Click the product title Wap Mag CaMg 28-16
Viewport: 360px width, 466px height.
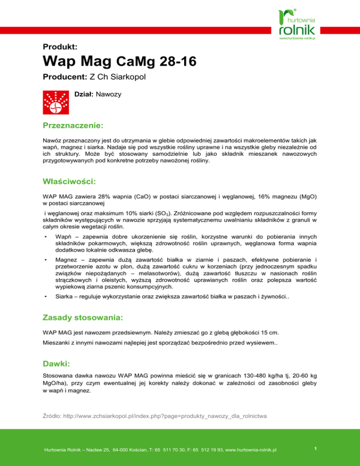click(118, 61)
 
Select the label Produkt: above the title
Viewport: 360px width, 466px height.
click(57, 46)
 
